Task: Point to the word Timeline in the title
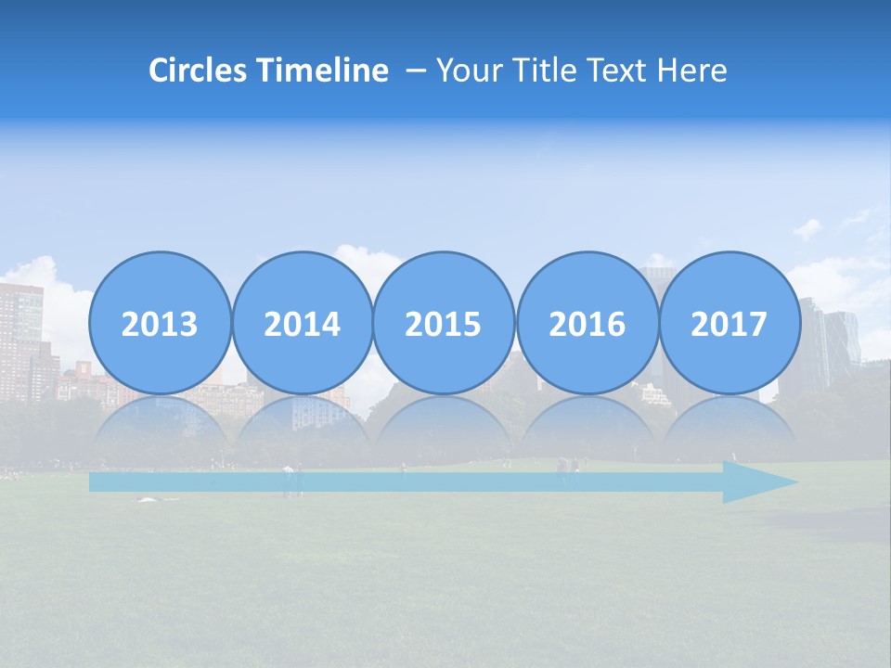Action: click(324, 71)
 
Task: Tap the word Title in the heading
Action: click(540, 71)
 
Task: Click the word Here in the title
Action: click(692, 71)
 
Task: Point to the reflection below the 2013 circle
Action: click(160, 427)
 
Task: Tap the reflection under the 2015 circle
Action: click(444, 427)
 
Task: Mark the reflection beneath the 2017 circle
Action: click(729, 427)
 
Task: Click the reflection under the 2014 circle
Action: click(302, 427)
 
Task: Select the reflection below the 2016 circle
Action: click(587, 427)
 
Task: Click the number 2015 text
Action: click(444, 325)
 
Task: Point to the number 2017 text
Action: click(729, 325)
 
